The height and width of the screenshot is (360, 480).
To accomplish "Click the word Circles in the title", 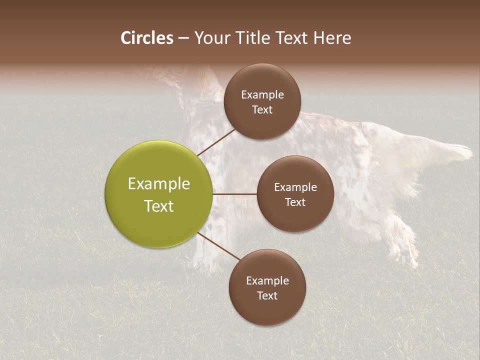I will (146, 38).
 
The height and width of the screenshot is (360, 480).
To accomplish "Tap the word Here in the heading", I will (332, 38).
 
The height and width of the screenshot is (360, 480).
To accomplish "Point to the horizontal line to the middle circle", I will (235, 194).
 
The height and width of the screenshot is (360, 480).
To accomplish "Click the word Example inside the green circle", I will (159, 184).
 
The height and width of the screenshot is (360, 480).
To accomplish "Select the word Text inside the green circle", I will (159, 206).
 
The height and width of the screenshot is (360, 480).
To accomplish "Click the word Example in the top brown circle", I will (262, 95).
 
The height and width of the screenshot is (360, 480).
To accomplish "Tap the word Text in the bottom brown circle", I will (267, 295).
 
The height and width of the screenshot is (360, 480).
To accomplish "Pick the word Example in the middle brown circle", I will (295, 187).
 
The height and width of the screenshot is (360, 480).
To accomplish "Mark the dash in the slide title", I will (183, 38).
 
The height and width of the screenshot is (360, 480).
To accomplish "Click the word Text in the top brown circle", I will (262, 109).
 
